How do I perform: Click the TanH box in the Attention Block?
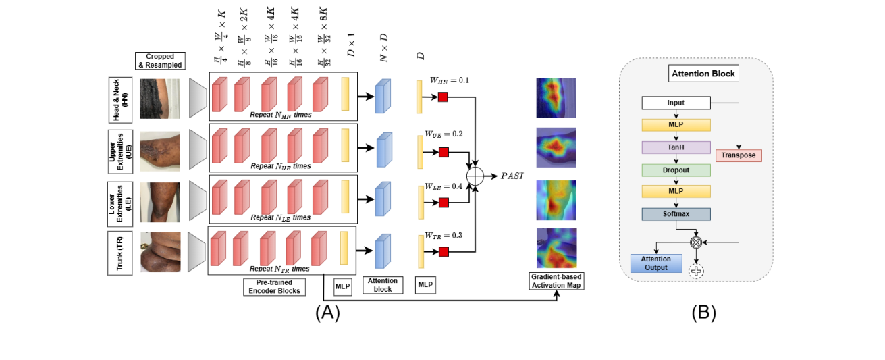(x=675, y=147)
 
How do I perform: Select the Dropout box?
(x=675, y=170)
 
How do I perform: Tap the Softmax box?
(x=675, y=213)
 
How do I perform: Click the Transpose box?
(x=739, y=155)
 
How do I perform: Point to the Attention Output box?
(x=655, y=263)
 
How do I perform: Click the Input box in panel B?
(x=675, y=103)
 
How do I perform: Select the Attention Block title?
(x=704, y=73)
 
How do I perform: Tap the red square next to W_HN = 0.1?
(x=443, y=98)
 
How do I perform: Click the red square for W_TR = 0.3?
(x=443, y=252)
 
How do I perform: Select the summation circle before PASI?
(x=476, y=176)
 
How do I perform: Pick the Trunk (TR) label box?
(x=120, y=252)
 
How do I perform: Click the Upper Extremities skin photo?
(x=160, y=151)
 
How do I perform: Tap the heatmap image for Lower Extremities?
(x=556, y=201)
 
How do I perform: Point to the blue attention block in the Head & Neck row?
(x=383, y=95)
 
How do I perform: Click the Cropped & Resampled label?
(x=159, y=60)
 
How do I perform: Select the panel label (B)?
(x=703, y=313)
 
